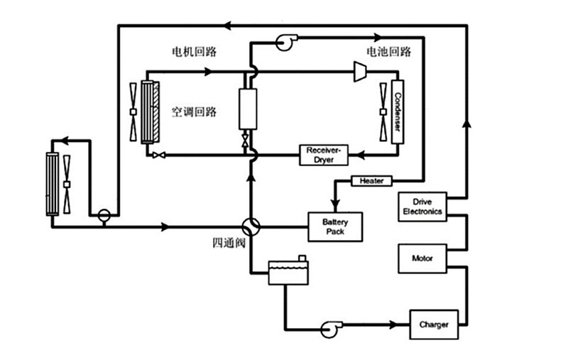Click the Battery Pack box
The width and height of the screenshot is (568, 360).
pos(335,227)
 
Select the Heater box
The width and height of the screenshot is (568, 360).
pos(371,181)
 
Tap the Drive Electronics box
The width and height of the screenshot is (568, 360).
pos(422,207)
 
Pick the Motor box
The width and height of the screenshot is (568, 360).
pos(422,258)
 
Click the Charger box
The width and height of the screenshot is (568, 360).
pos(433,325)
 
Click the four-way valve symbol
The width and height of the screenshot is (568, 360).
pos(251,227)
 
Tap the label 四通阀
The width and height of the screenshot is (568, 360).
pos(229,244)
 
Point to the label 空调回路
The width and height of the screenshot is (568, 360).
pos(193,112)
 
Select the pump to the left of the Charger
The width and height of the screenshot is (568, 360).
pos(330,326)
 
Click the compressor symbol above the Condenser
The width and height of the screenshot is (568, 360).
pos(360,70)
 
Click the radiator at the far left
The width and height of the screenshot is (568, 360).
pos(53,183)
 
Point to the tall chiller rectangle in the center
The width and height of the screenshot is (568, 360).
pos(247,109)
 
